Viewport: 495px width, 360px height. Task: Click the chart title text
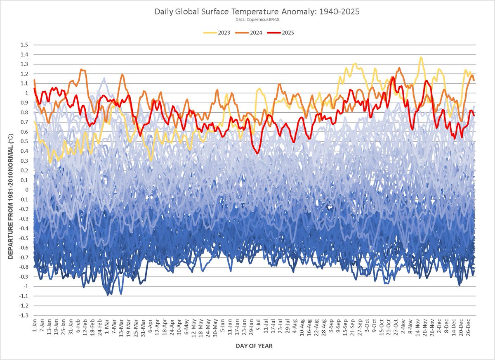click(257, 12)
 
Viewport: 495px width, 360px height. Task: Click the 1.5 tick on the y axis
click(28, 45)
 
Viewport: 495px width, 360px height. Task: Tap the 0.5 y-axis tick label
click(28, 142)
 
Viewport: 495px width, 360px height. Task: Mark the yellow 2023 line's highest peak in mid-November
click(421, 57)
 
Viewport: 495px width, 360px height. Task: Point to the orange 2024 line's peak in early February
click(81, 69)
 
